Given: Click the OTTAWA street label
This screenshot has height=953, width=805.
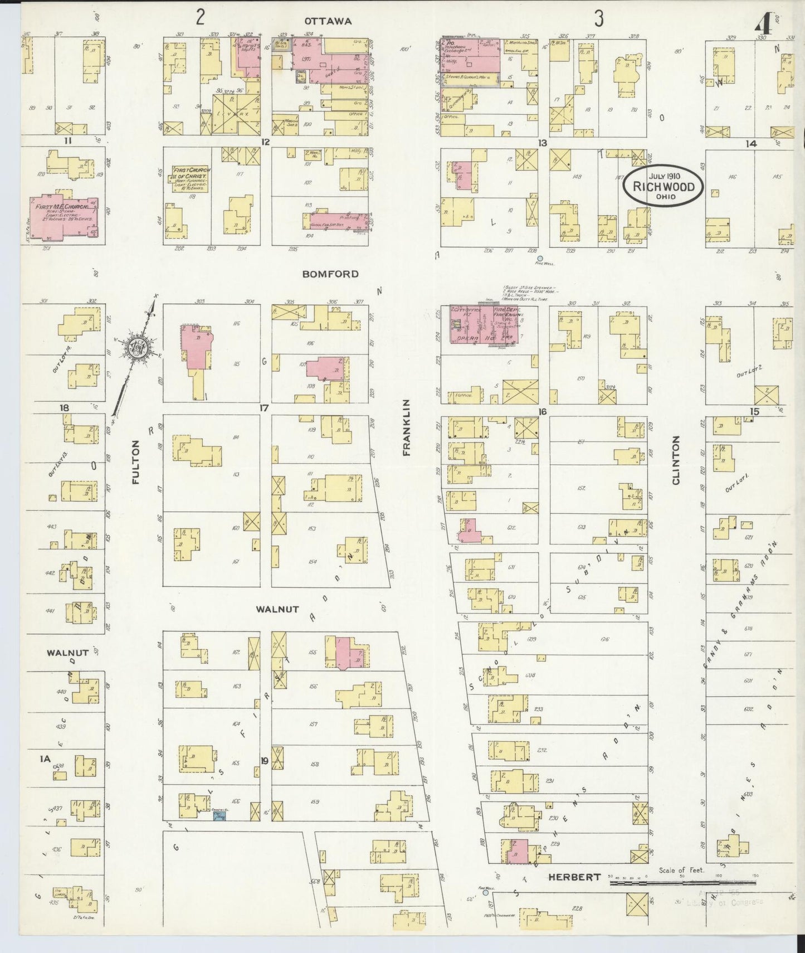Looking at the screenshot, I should [x=328, y=21].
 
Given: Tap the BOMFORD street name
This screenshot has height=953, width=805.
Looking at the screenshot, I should [x=330, y=274].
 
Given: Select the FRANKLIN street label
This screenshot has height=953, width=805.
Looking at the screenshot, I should [x=406, y=427].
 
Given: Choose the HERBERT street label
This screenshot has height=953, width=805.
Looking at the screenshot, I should [x=574, y=877].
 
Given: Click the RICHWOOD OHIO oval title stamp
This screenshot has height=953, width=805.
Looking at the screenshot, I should [x=663, y=187].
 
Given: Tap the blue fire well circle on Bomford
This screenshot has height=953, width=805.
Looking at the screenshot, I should [x=539, y=258].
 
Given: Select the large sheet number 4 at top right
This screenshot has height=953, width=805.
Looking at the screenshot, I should [x=763, y=23].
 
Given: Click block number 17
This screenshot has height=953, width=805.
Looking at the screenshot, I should [x=264, y=408].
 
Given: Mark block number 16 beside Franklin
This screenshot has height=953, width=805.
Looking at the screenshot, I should [x=542, y=412].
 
